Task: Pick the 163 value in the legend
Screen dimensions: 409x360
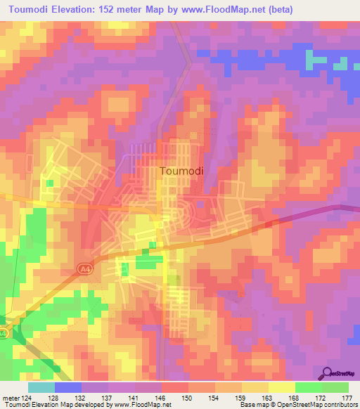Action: point(267,398)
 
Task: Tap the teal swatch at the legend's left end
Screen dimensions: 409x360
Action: point(41,387)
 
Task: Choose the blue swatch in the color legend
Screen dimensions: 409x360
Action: point(68,387)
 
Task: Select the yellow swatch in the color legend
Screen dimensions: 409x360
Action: point(282,387)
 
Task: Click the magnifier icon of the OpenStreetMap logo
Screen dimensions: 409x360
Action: point(328,373)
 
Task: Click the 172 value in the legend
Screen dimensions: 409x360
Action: point(320,398)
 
